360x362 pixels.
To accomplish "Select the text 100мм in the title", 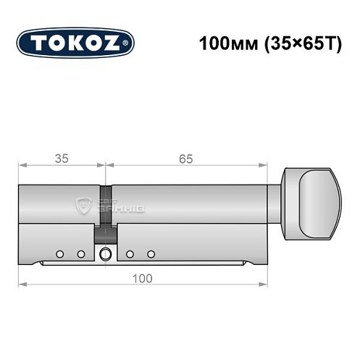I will click(x=221, y=43).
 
